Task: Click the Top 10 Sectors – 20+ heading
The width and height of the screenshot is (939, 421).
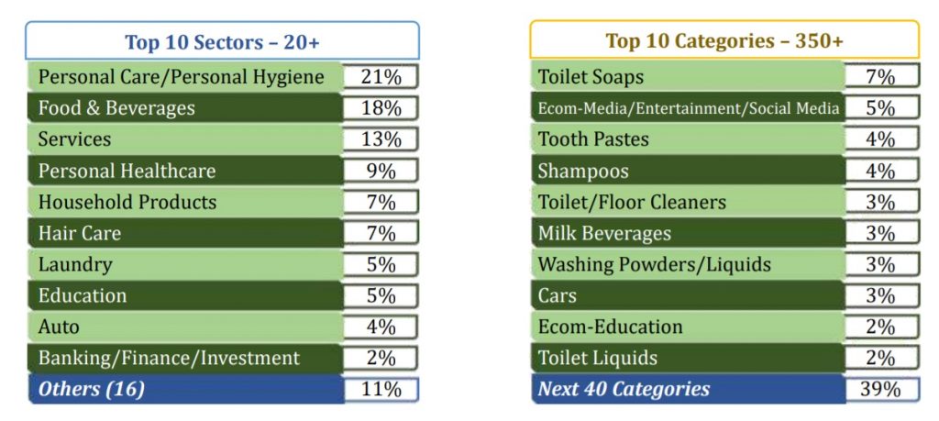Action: [222, 41]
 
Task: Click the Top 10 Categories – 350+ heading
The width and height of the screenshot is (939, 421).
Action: [724, 41]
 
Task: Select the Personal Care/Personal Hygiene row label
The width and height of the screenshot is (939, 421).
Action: [182, 77]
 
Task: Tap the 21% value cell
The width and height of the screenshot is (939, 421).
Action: [381, 77]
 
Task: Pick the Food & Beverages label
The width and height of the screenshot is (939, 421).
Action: [116, 108]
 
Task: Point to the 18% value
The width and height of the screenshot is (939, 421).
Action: [381, 108]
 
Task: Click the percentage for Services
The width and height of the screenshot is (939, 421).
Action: [381, 139]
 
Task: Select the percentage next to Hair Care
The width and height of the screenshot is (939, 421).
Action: [381, 233]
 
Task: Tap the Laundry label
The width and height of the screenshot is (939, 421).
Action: [75, 264]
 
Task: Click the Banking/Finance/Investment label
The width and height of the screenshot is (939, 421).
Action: [169, 358]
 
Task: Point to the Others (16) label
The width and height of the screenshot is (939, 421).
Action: [92, 389]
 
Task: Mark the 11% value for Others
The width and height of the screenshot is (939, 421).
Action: [381, 389]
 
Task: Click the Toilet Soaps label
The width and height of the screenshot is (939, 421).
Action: [591, 77]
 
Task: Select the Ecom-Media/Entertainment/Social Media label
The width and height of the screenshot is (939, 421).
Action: [688, 108]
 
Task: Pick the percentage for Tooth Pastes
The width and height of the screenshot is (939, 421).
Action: [880, 139]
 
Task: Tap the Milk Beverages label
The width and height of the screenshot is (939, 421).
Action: [604, 233]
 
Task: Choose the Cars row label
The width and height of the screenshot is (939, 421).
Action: [558, 295]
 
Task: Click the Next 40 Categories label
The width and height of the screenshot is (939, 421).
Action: [624, 389]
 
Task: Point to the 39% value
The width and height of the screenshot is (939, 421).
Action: [880, 389]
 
